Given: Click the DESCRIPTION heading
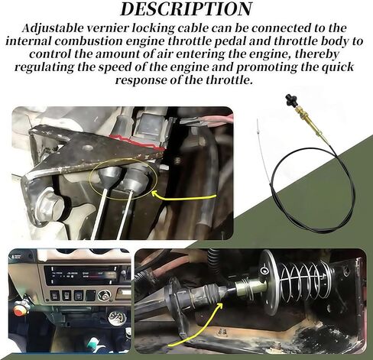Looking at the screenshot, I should click(186, 10).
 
